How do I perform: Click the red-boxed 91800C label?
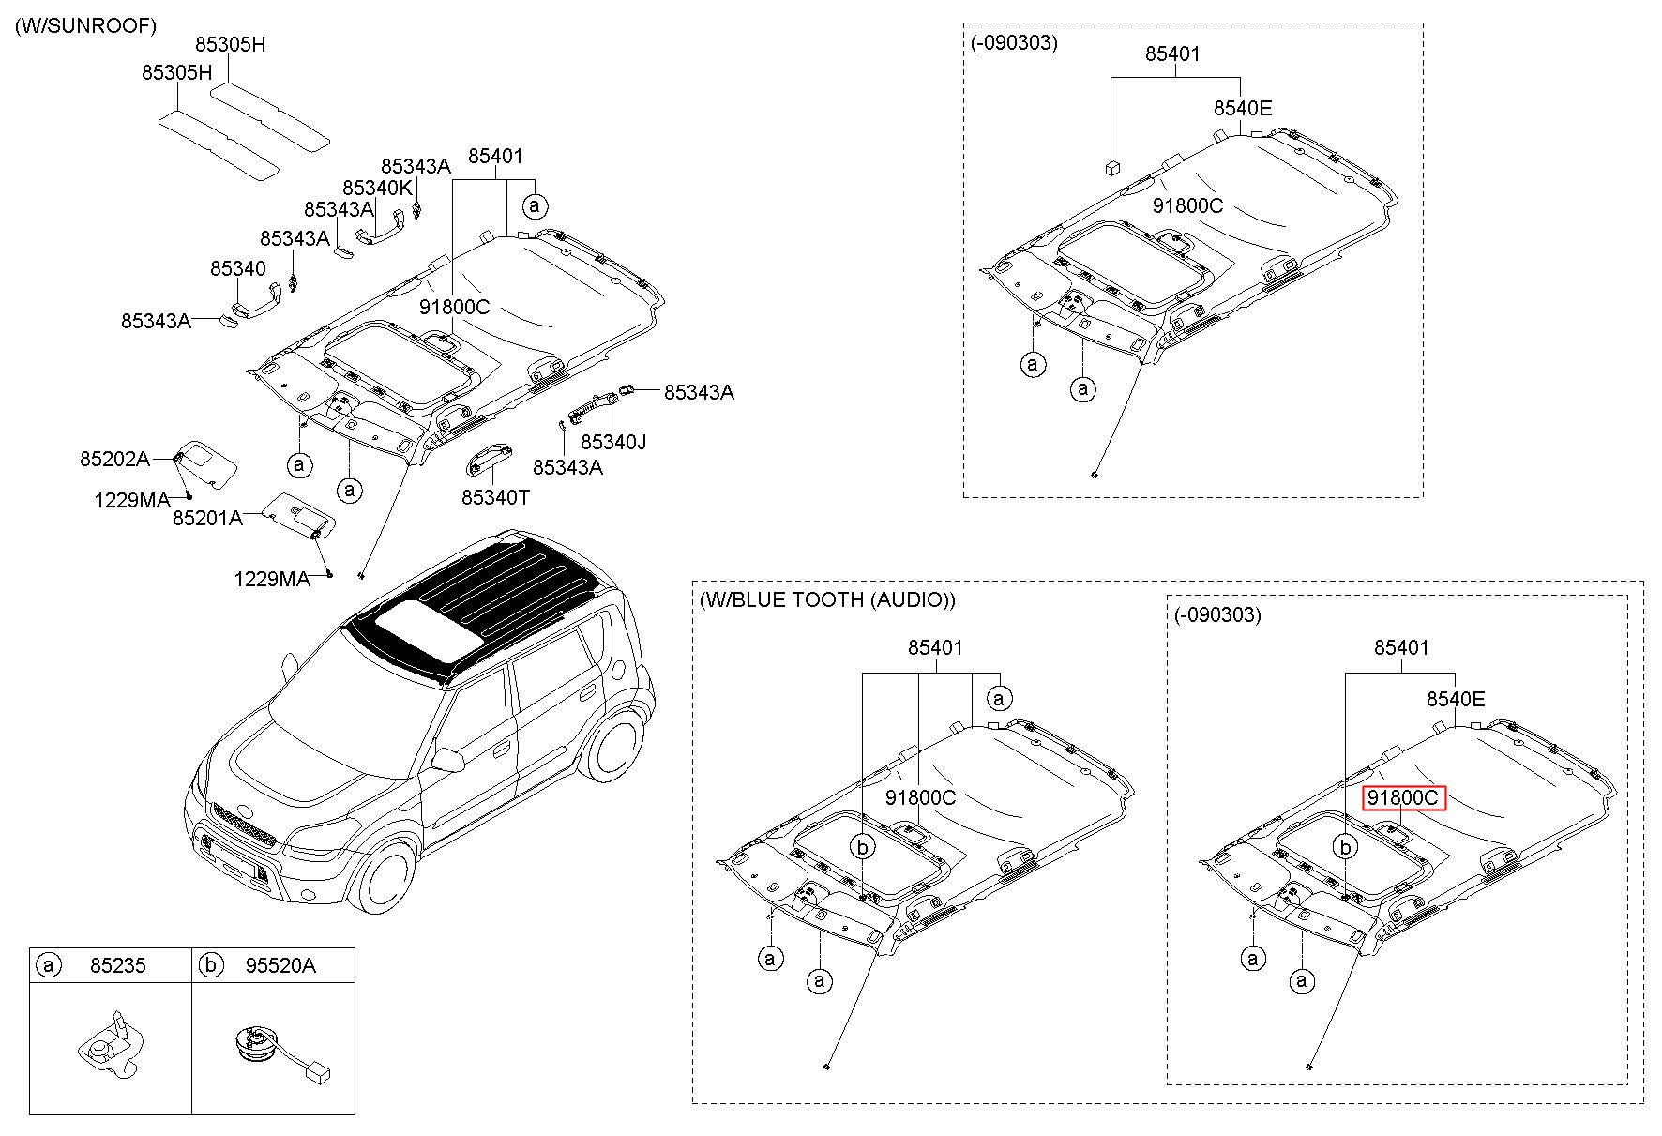(x=1403, y=798)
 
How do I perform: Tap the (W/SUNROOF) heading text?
(x=85, y=26)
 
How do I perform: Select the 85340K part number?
(x=377, y=188)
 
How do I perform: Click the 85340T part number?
(x=495, y=497)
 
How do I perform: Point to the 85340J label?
(x=613, y=441)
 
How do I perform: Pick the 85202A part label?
(x=114, y=459)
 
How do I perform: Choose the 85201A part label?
(x=207, y=517)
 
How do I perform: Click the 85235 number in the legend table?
(x=118, y=965)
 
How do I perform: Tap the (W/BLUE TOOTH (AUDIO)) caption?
(x=827, y=600)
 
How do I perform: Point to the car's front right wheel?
(x=386, y=878)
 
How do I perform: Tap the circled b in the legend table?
(x=212, y=965)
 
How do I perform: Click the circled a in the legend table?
(x=48, y=965)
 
